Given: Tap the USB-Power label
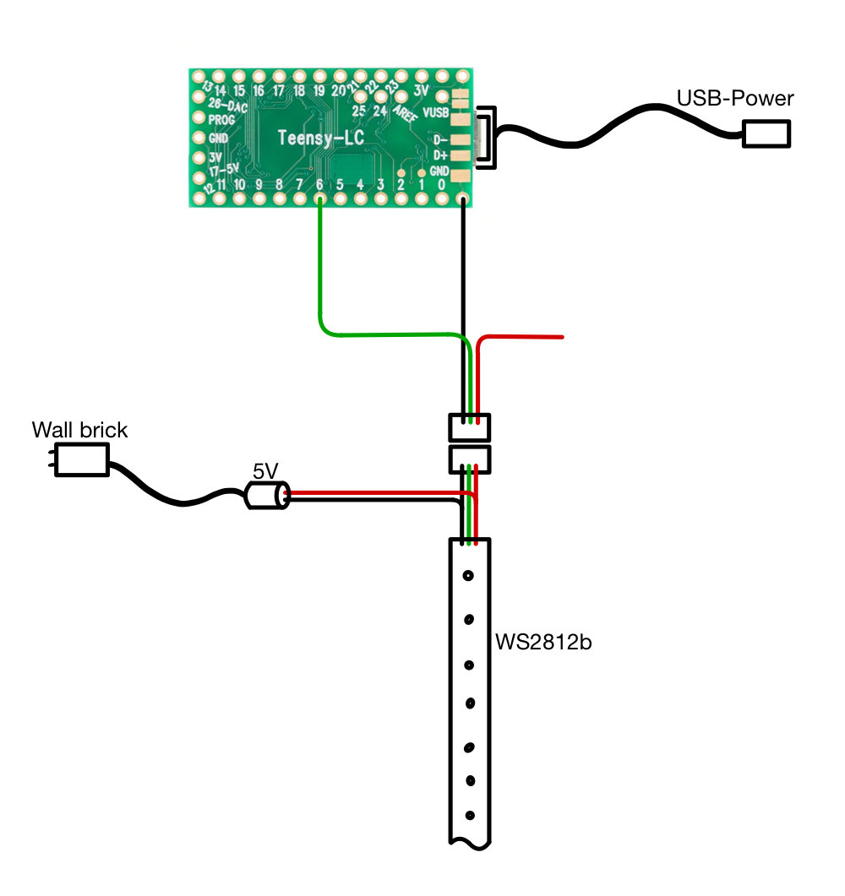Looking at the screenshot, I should pos(735,99).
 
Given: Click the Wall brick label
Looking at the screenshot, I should pos(79,430).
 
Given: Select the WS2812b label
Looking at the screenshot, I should pos(544,643).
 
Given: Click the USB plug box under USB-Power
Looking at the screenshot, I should pos(766,133).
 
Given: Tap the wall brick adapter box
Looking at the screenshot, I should pos(81,460).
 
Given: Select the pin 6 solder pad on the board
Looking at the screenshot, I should pos(319,199).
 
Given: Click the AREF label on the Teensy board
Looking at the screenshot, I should pos(405,113).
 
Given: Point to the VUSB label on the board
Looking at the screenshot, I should pos(435,111).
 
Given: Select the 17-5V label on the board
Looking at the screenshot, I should pos(223,171).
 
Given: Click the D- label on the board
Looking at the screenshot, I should pos(439,139).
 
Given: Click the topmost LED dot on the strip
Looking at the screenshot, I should pos(467,577).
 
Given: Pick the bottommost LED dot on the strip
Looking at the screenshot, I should pos(469,816).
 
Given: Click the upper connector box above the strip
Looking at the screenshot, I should pos(469,427).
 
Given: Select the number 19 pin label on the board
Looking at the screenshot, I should pos(319,90).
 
